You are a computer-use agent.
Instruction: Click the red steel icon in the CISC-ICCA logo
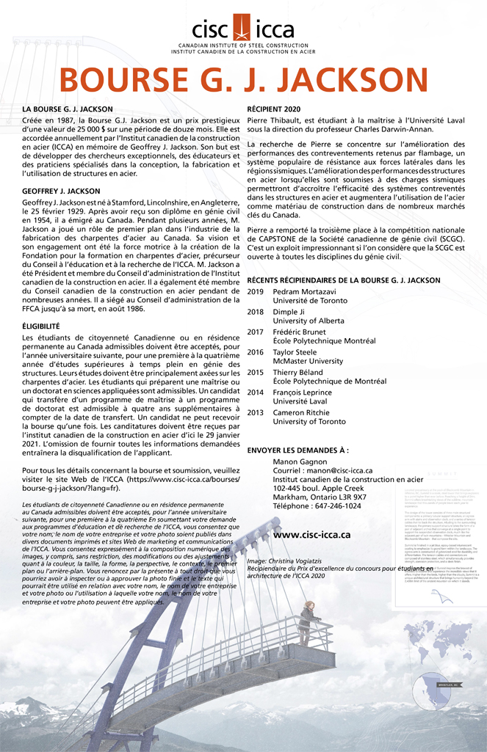pos(243,29)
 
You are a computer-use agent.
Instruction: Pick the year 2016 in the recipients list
pos(256,352)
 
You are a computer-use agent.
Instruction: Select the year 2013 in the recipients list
pos(256,413)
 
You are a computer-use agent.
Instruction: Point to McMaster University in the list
pos(308,362)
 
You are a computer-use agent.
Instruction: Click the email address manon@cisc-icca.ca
pos(342,470)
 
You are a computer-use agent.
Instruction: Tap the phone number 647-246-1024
pos(336,506)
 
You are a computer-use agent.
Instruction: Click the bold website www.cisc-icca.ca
pos(311,535)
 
